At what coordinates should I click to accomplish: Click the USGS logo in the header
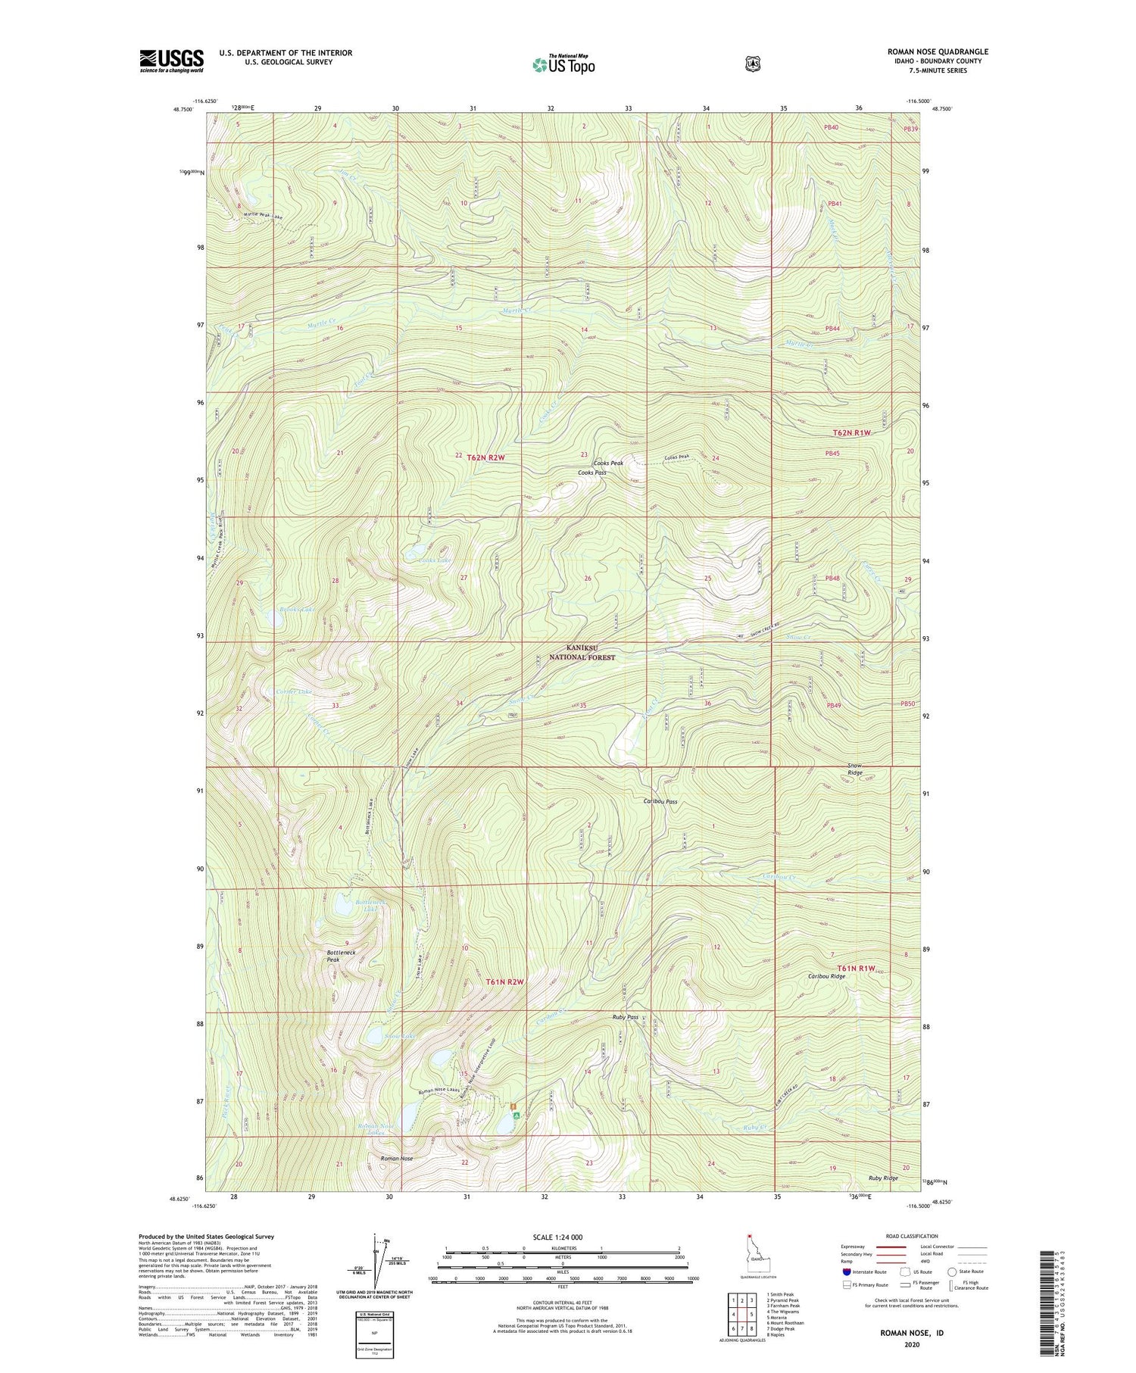171,61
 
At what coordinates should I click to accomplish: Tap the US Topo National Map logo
563,64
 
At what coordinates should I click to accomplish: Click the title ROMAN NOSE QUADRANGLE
938,51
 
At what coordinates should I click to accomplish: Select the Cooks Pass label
591,473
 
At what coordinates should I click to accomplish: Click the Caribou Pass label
660,801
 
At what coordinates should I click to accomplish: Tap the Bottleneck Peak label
341,956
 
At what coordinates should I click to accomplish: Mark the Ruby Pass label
626,1018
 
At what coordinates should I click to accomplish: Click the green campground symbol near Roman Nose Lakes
516,1115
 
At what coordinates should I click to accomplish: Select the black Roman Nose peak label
397,1159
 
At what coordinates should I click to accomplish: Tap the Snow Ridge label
854,769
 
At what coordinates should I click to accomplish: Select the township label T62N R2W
485,457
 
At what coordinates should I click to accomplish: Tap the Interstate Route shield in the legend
846,1272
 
